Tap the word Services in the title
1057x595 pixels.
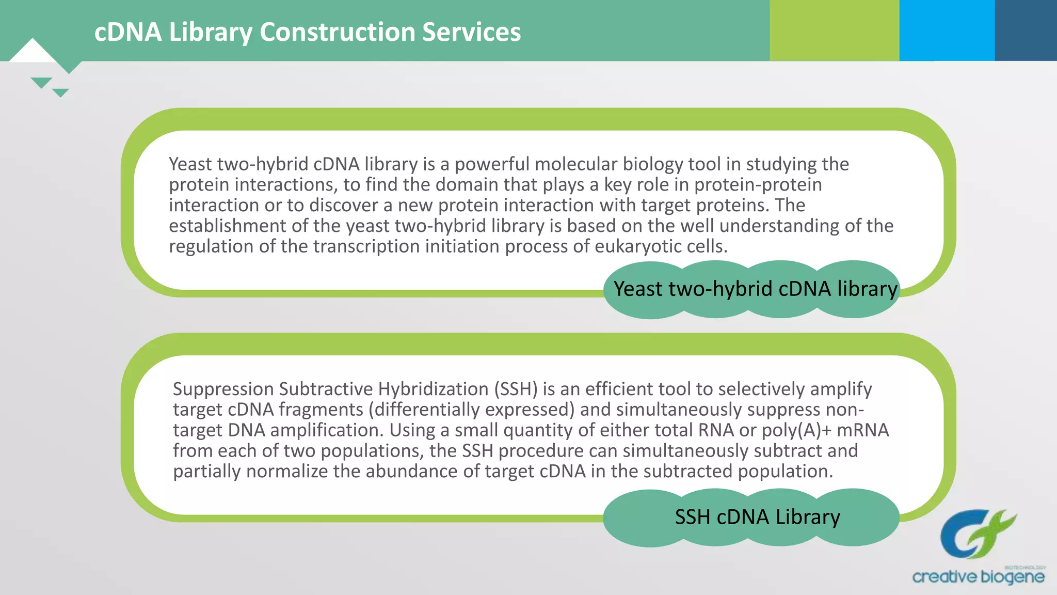(471, 32)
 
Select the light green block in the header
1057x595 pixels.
(834, 30)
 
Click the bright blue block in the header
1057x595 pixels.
(947, 30)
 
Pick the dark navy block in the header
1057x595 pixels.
(1026, 30)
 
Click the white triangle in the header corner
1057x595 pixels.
(33, 52)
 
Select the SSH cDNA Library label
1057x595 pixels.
(757, 517)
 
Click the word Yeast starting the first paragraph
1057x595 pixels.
(190, 164)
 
